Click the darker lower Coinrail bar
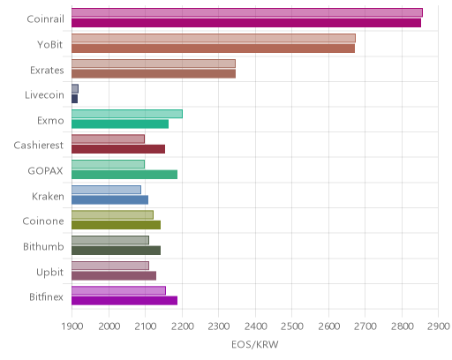[246, 23]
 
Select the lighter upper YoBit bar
[214, 38]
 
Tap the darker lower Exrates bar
[154, 74]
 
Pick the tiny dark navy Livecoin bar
[75, 99]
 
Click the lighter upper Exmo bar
[127, 114]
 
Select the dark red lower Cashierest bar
[118, 149]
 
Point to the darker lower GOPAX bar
[124, 175]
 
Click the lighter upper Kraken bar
[107, 190]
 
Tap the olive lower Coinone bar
[117, 225]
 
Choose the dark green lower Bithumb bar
[117, 251]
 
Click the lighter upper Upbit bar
[110, 266]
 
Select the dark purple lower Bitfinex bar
[124, 301]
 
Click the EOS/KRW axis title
[255, 344]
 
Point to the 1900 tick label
[72, 326]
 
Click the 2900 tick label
[439, 326]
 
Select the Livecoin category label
[44, 95]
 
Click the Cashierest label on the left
[39, 146]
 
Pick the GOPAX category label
[45, 171]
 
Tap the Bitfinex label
[46, 297]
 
